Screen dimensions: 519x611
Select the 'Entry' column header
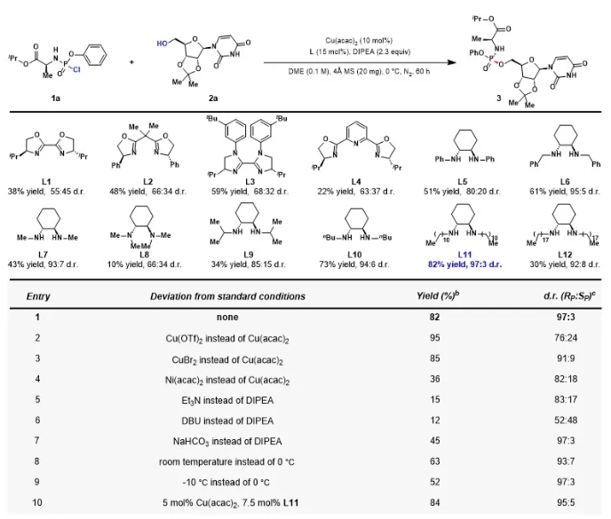coord(38,296)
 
